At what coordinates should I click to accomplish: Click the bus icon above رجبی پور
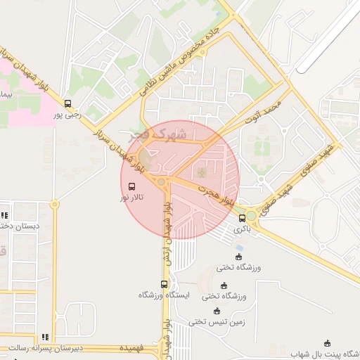[x=67, y=103]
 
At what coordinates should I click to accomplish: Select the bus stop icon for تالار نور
[x=132, y=187]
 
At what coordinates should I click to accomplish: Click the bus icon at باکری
[x=243, y=218]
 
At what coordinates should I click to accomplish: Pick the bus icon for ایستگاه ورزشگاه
[x=164, y=284]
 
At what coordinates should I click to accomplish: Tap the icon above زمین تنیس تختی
[x=217, y=311]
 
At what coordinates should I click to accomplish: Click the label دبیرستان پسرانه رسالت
[x=46, y=348]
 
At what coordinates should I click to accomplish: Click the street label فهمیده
[x=132, y=348]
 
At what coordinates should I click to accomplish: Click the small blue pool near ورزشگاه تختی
[x=238, y=248]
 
